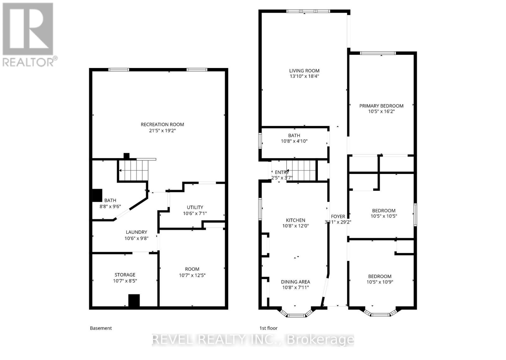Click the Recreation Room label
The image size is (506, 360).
[x=162, y=124]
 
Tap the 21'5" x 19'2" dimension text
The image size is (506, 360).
[x=162, y=130]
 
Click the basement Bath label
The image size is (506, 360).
[x=110, y=200]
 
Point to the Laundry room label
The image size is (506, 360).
[x=136, y=232]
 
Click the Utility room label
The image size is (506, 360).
[x=195, y=207]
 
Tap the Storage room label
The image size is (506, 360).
[x=125, y=275]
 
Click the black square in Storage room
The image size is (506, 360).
[x=134, y=300]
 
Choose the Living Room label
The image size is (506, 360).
[x=304, y=71]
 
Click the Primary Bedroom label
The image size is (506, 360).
[x=381, y=106]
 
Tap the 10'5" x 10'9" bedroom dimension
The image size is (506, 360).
[x=379, y=282]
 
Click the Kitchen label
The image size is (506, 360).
[x=295, y=220]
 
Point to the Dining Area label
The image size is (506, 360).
[x=295, y=282]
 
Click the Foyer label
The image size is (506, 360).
[x=338, y=216]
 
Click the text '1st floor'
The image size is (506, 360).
[x=268, y=328]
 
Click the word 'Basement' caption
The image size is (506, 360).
[x=101, y=328]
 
